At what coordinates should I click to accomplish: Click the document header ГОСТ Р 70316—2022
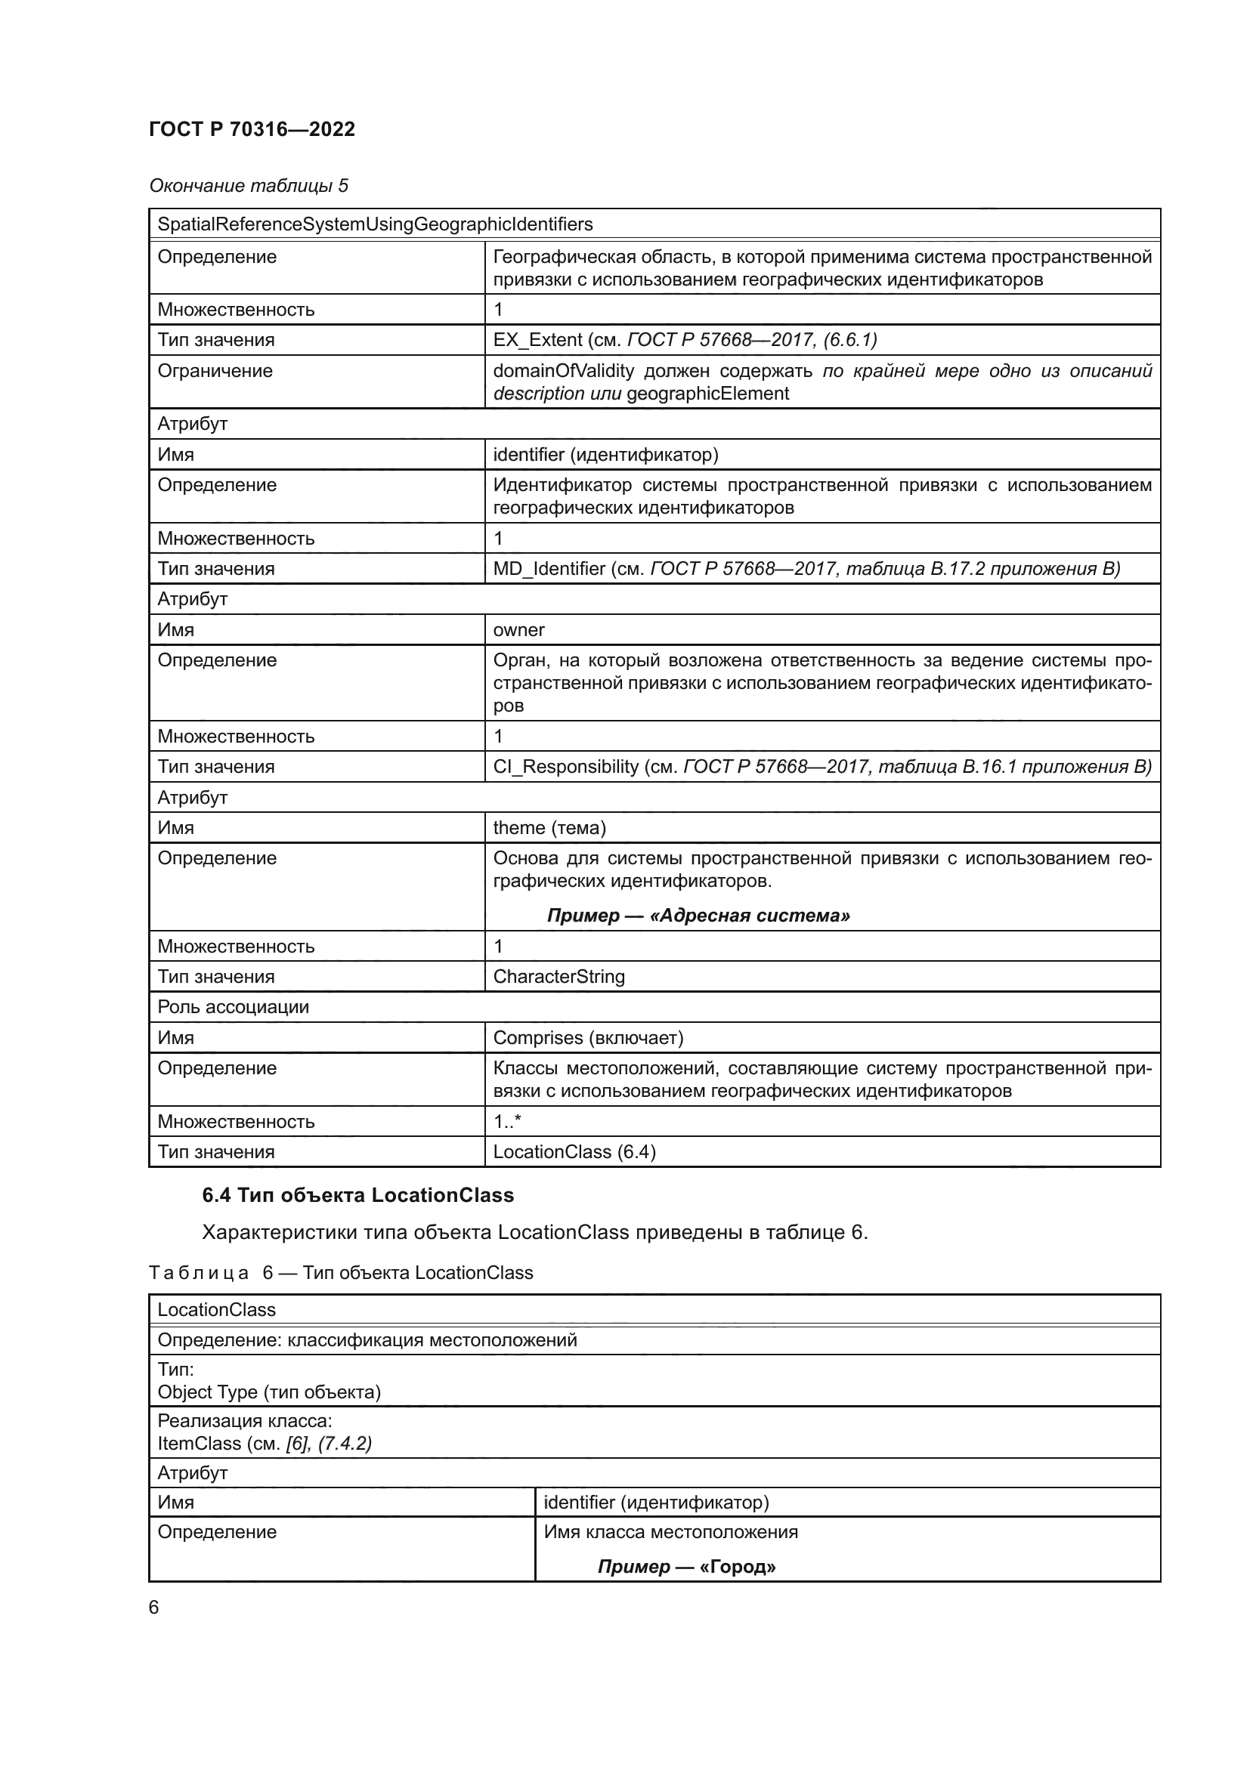(x=252, y=129)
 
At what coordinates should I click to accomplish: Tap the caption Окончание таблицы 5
(x=249, y=186)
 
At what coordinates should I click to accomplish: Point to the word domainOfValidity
(x=564, y=371)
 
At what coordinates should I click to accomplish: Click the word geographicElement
(x=707, y=394)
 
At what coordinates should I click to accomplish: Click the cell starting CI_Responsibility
(x=821, y=767)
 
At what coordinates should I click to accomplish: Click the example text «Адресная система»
(x=750, y=915)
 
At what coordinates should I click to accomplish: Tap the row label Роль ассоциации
(x=234, y=1006)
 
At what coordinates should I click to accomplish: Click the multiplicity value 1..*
(x=507, y=1121)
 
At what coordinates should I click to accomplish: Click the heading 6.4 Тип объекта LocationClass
(x=358, y=1195)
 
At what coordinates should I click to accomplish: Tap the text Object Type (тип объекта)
(x=269, y=1392)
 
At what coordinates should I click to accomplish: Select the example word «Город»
(x=738, y=1567)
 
